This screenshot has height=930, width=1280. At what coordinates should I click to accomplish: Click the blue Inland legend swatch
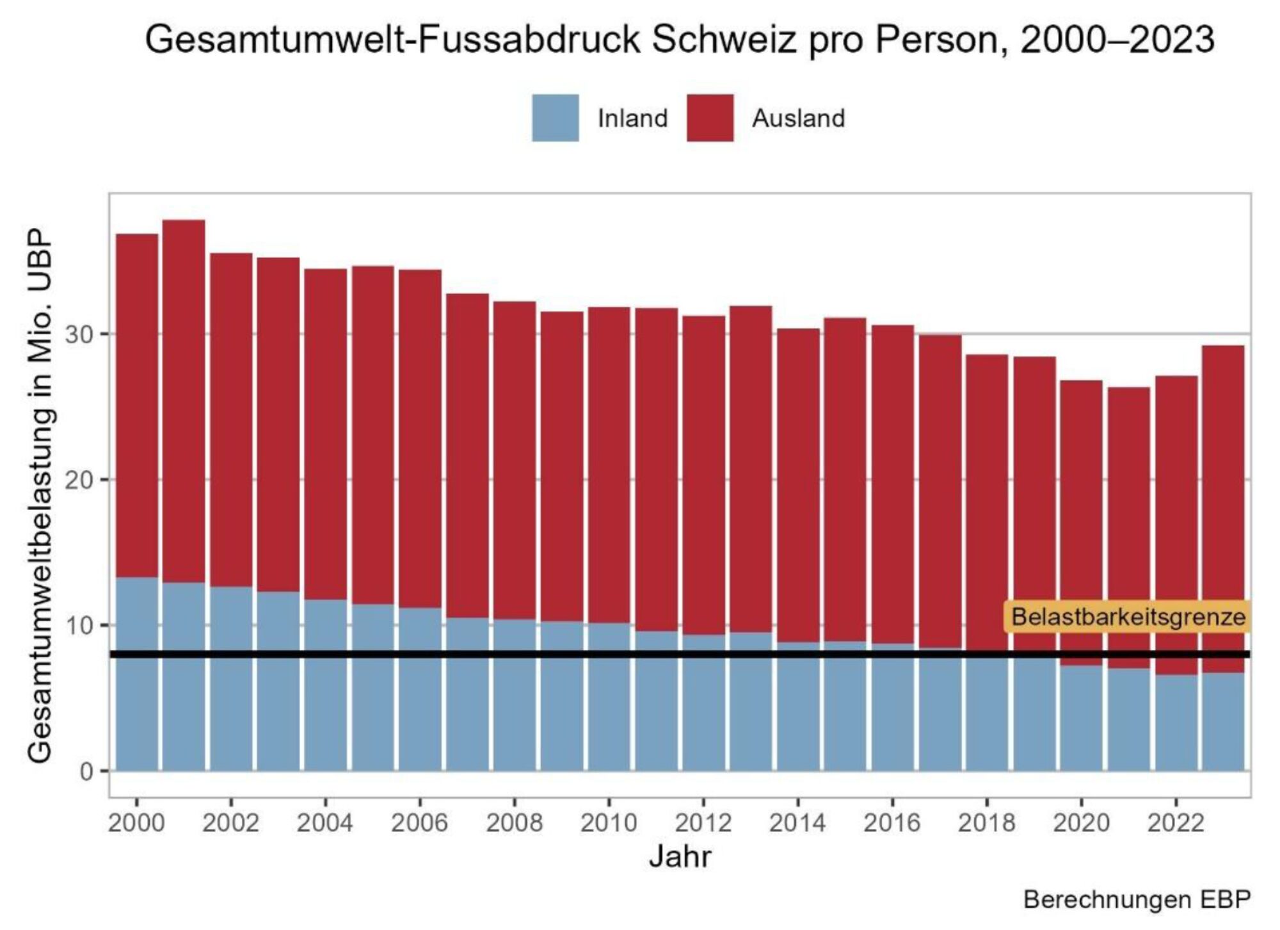click(555, 118)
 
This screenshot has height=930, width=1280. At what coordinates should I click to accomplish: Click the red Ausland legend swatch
click(710, 118)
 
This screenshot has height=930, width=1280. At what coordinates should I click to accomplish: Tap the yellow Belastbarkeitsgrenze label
click(1128, 617)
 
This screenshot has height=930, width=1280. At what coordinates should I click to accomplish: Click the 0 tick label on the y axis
click(86, 772)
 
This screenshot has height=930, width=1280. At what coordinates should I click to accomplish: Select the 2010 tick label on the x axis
click(608, 823)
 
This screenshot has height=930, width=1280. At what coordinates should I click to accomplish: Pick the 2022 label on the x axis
click(1175, 823)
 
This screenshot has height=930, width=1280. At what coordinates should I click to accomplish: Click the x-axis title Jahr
click(680, 857)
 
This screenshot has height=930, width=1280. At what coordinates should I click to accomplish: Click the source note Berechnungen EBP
click(1137, 900)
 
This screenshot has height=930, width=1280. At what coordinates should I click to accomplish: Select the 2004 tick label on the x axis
click(325, 823)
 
